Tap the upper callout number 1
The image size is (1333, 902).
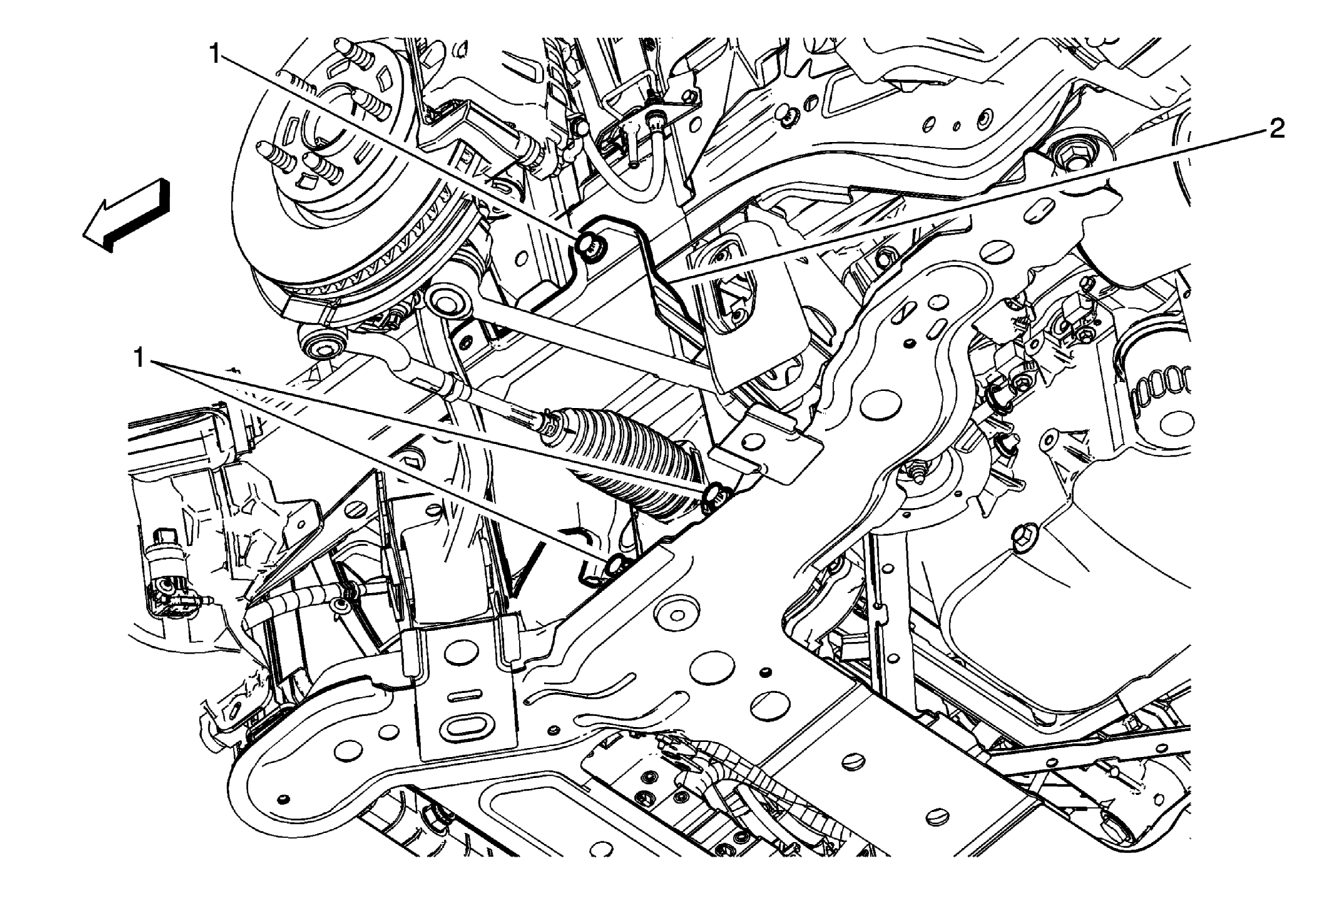pos(215,54)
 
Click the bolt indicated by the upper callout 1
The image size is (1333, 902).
pos(590,244)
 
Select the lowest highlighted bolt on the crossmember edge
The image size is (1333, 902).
pos(616,564)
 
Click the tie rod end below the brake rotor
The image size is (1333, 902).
pos(325,341)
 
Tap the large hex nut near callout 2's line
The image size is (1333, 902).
pos(1068,154)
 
